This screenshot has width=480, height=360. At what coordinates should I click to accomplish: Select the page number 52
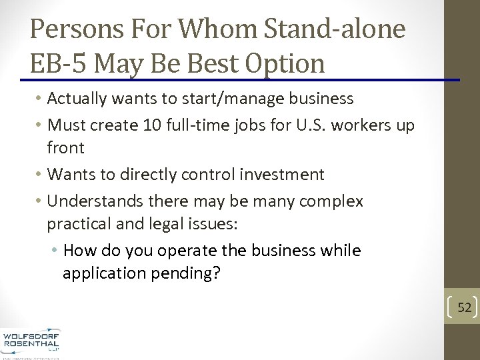(x=464, y=307)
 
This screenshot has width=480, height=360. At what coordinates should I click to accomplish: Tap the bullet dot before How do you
(x=54, y=251)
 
